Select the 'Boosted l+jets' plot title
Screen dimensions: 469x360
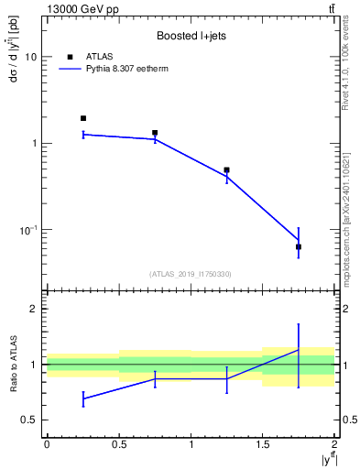190,36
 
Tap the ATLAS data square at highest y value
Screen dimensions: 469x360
82,118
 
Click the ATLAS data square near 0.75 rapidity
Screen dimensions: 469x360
155,133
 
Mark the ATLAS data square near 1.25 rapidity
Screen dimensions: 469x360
227,170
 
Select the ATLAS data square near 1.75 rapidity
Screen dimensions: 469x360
299,246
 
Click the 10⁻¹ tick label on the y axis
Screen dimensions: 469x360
27,229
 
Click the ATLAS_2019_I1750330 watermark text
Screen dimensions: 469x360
191,274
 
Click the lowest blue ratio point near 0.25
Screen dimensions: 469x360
82,398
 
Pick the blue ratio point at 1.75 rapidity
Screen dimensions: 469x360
299,350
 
